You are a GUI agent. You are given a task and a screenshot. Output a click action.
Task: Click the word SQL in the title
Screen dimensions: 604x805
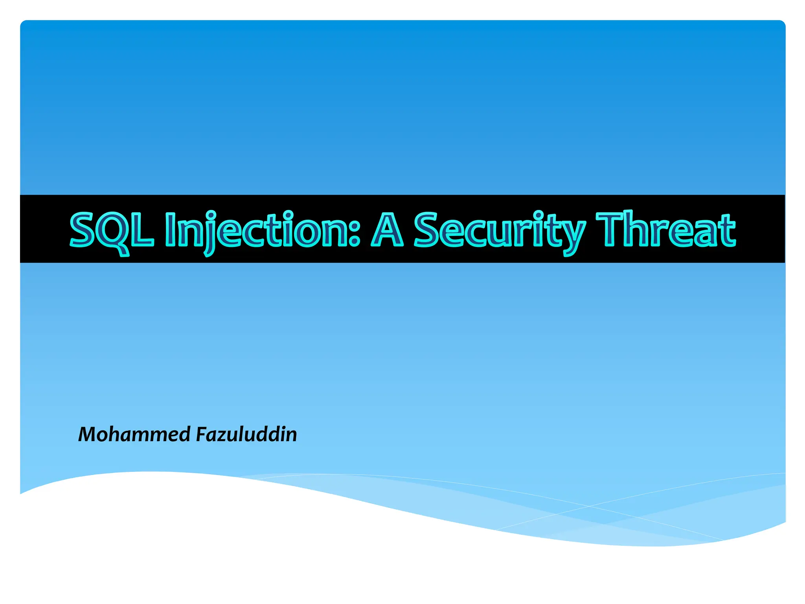pos(111,230)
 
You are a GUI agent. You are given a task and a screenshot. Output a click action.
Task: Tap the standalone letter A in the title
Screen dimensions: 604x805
pos(387,230)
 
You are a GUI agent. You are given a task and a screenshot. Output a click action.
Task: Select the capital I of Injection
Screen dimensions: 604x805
pos(169,230)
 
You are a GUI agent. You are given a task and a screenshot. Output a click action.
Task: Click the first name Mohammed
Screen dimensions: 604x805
pos(134,435)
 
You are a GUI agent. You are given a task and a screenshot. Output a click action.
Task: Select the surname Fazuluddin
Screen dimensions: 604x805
pos(246,435)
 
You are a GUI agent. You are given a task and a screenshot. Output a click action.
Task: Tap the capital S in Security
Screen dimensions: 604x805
pos(427,230)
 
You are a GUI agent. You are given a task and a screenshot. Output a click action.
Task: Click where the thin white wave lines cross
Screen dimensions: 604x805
pos(588,506)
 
